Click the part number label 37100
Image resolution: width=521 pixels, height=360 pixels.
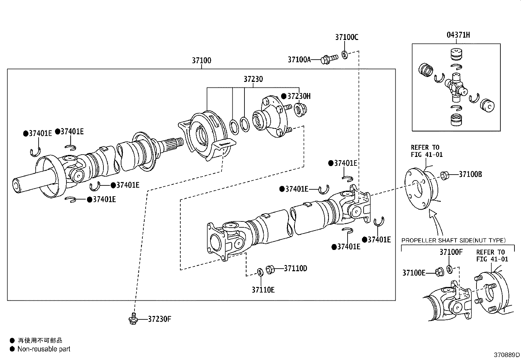click(201, 61)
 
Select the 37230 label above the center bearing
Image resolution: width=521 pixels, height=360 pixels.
click(253, 79)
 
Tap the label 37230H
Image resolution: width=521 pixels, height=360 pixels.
click(298, 96)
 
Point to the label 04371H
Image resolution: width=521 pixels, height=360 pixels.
click(458, 35)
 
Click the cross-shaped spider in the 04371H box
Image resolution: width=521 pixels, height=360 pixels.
click(457, 86)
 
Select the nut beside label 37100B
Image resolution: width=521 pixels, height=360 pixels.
click(444, 175)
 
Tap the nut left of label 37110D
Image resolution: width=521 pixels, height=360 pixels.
click(270, 269)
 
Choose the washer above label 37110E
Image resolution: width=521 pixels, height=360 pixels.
click(260, 272)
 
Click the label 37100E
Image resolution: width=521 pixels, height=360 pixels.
click(413, 273)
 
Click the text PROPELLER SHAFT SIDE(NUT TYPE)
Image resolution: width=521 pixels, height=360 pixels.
click(453, 240)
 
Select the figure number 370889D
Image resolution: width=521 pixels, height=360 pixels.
click(507, 355)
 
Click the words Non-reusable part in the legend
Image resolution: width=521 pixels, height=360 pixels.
click(44, 349)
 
